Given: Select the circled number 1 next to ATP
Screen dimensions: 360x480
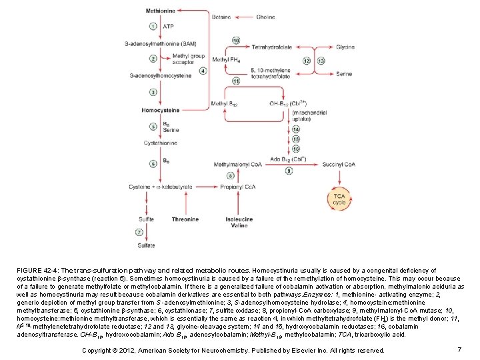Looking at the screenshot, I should (153, 27).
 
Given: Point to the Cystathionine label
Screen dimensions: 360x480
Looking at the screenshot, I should (159, 142).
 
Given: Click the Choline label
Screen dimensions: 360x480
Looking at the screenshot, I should (265, 17).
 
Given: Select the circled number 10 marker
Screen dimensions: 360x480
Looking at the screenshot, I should (236, 41).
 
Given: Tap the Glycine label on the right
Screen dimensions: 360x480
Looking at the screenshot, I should (345, 47).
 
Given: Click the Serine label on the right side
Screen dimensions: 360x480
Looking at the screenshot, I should (344, 74).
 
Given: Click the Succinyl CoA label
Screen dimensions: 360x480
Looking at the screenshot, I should (337, 163).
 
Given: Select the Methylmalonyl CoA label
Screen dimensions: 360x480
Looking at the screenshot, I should (237, 164).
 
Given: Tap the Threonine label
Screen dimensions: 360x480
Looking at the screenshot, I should (185, 219).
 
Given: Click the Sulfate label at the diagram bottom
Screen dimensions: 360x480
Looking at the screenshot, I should (147, 245).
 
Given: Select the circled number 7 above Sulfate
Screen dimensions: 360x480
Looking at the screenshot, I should (139, 232).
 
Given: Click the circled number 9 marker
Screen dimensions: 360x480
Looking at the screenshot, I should (289, 171).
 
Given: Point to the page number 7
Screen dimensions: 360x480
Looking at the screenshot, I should (460, 350).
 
